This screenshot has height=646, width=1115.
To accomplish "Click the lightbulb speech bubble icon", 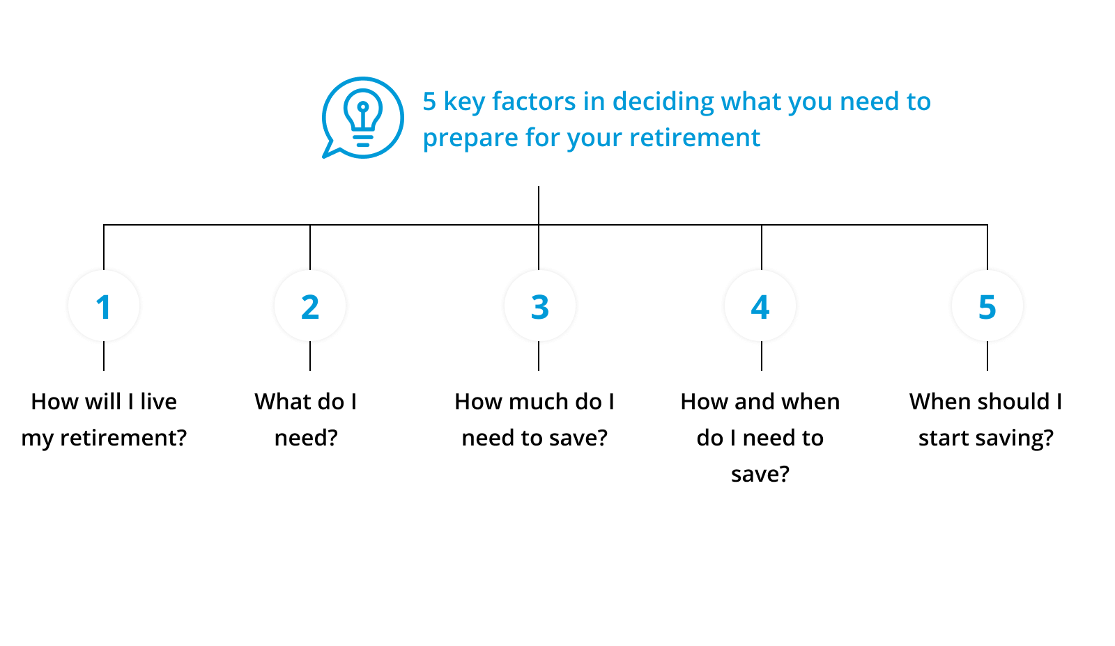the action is (x=363, y=118).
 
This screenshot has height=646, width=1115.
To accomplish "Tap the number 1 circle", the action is (x=104, y=306).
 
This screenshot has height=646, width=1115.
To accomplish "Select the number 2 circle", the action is (x=310, y=306).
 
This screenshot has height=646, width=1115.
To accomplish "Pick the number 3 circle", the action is (x=539, y=306).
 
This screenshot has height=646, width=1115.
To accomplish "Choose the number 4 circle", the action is (x=760, y=306).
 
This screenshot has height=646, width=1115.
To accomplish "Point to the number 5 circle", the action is (x=987, y=306).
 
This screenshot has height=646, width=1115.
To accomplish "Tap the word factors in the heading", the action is (x=534, y=102).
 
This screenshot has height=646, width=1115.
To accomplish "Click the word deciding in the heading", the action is (x=663, y=102).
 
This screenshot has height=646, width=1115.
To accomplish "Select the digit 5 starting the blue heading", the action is (x=429, y=102).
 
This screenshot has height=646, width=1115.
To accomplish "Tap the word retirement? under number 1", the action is (x=123, y=438).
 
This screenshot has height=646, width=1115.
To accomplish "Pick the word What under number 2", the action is (x=282, y=402).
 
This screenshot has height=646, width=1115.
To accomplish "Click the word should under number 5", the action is (x=1010, y=402).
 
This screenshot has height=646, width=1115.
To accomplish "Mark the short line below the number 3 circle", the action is (x=539, y=356).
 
